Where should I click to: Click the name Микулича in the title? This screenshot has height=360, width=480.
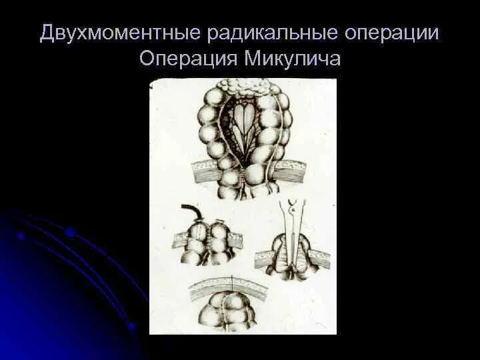tap(293, 59)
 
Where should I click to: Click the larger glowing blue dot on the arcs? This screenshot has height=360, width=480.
tap(70, 233)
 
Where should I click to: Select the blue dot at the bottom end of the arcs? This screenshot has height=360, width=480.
tap(132, 327)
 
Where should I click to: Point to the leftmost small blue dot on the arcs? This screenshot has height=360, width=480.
tap(21, 235)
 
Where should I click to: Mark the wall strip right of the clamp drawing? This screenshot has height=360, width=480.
tap(319, 258)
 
